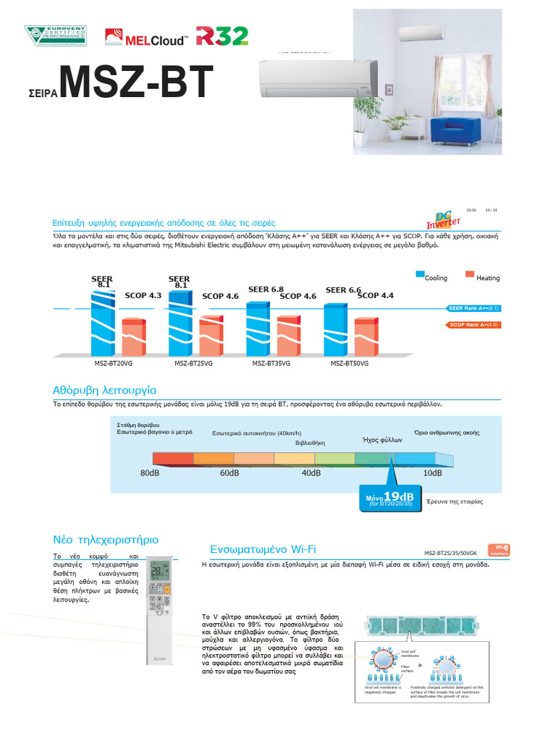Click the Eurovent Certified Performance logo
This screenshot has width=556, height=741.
click(55, 36)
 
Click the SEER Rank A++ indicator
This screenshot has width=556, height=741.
click(474, 308)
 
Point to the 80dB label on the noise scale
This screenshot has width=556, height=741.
click(149, 473)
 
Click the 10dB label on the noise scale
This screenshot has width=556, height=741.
click(432, 473)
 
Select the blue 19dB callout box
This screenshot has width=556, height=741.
click(391, 499)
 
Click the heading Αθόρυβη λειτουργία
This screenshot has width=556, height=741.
click(104, 389)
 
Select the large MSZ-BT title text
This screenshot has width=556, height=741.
click(137, 84)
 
